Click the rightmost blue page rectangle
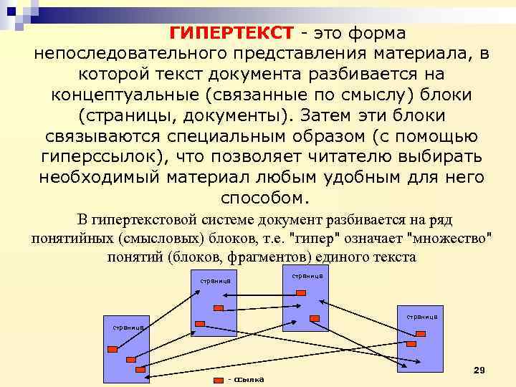[421, 340]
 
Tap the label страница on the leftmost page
[128, 327]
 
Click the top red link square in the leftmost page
[113, 349]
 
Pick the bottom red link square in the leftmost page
[140, 369]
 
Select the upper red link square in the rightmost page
[421, 332]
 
